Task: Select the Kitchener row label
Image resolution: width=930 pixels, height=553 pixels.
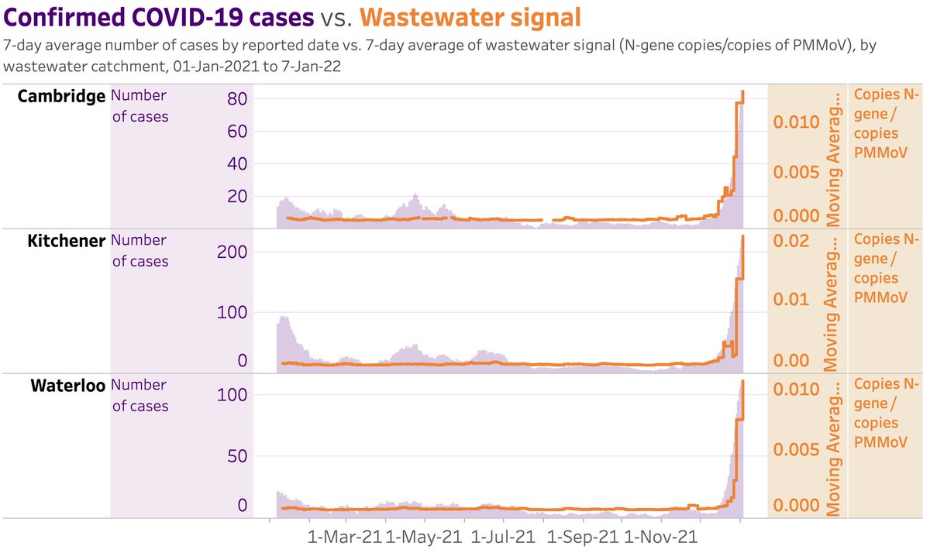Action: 66,241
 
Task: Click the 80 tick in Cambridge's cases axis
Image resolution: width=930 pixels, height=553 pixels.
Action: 236,99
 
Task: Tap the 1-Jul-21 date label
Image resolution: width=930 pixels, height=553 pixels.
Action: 502,536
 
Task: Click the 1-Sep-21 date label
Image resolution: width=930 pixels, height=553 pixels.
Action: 583,536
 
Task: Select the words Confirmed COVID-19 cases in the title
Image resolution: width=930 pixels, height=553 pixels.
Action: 159,16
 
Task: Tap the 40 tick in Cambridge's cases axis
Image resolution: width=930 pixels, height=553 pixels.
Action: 236,164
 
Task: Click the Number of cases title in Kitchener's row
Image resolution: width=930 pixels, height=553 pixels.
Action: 140,251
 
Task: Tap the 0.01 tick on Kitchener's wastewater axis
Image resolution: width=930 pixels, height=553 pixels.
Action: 792,299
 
